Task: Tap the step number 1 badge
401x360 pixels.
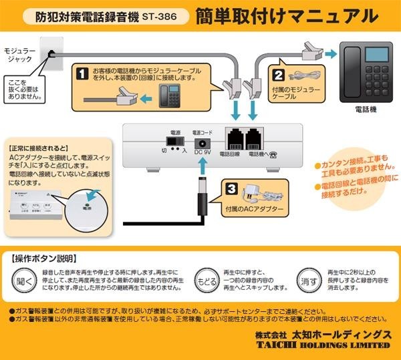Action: point(82,71)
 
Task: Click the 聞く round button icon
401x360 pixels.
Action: point(23,281)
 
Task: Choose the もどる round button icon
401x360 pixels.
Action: point(206,281)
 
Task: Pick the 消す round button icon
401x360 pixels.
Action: point(308,281)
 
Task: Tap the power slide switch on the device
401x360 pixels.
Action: point(175,143)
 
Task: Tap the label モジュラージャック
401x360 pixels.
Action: point(19,55)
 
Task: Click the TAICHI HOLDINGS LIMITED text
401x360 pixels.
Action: point(321,345)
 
